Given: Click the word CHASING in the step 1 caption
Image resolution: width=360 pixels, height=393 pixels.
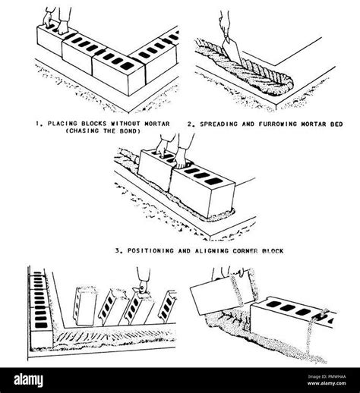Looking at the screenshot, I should [86, 130].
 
